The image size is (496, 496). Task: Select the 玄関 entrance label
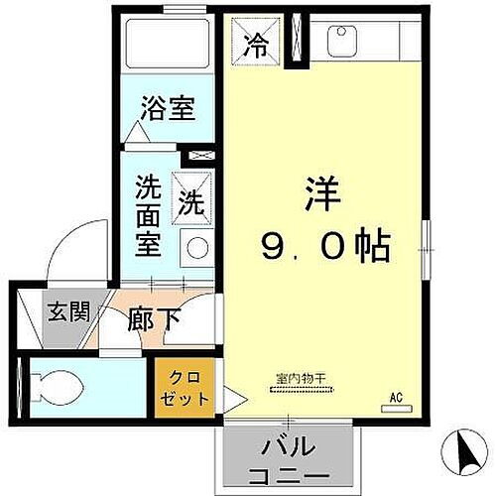point(68,311)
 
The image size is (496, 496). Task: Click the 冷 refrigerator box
point(257,43)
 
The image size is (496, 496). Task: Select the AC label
point(396,399)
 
